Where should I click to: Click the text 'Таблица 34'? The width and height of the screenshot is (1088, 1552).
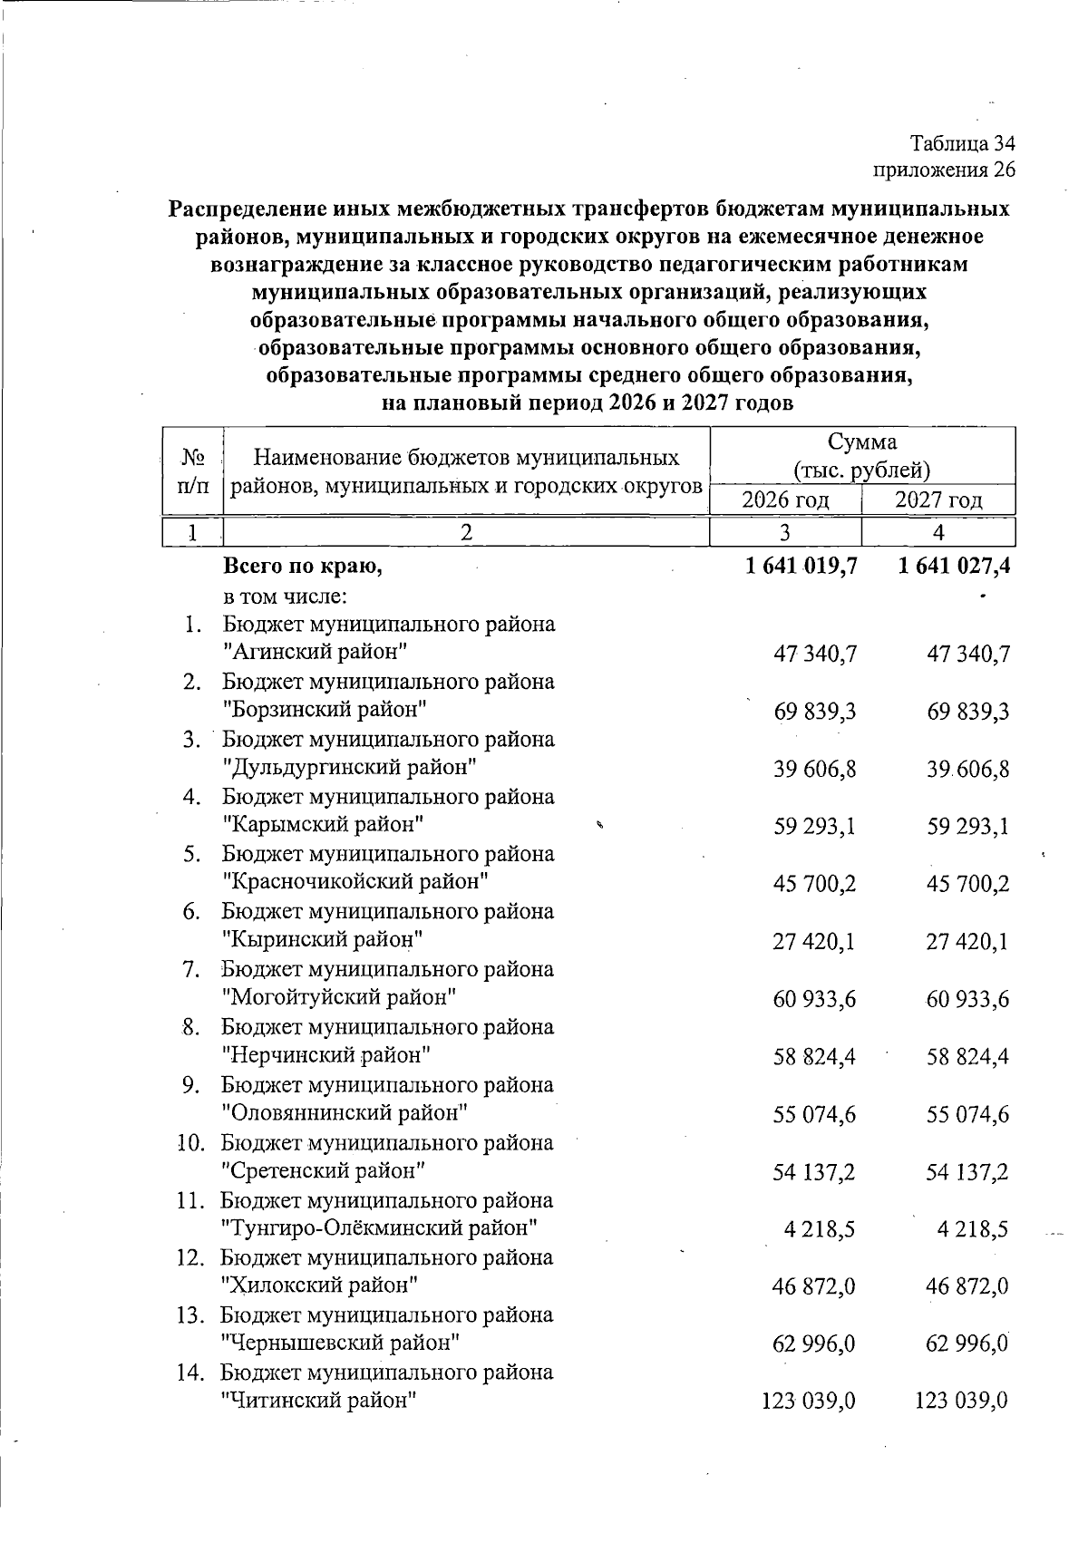click(962, 143)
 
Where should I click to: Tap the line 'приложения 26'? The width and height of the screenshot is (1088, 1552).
click(944, 170)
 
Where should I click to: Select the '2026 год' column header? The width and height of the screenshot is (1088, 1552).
click(786, 500)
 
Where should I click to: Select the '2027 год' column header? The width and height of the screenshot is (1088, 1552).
click(938, 500)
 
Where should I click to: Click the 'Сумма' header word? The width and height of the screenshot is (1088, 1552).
click(861, 442)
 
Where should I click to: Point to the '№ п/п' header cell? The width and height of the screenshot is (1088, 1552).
click(191, 470)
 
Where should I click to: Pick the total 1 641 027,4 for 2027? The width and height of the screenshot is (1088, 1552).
click(954, 567)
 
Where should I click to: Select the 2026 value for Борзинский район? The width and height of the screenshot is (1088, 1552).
click(815, 712)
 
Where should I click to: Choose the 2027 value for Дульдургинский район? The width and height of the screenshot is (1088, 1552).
click(967, 770)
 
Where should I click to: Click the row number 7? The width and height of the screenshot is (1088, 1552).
click(190, 969)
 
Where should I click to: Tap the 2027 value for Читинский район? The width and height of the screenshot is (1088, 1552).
click(961, 1402)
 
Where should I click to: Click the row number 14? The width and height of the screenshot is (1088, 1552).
click(189, 1373)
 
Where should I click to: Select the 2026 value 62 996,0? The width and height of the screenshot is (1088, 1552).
click(814, 1343)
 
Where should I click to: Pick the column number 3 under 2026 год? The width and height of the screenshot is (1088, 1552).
click(785, 532)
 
